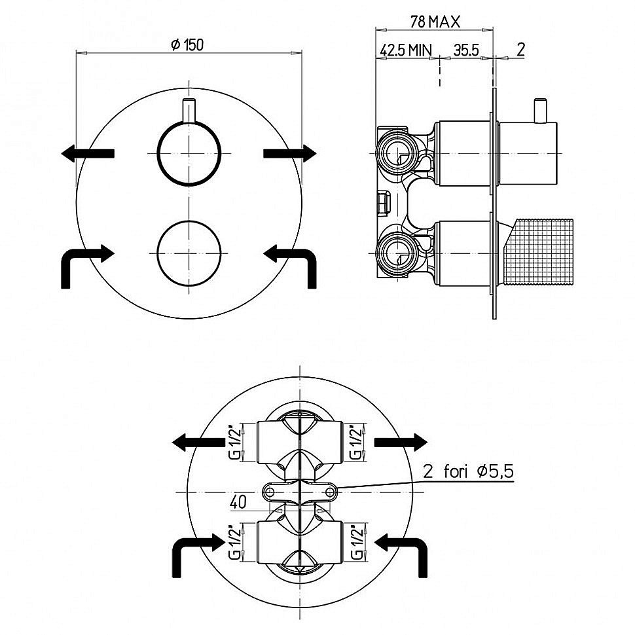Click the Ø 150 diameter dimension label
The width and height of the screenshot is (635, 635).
click(187, 45)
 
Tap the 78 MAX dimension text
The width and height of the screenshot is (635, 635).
click(435, 22)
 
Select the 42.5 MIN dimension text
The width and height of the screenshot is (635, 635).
click(406, 50)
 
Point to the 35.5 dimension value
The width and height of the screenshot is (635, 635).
click(465, 50)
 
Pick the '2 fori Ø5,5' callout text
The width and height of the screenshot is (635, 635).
click(469, 471)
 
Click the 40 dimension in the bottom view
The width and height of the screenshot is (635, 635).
click(238, 502)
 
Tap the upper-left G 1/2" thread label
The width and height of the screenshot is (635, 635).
click(235, 443)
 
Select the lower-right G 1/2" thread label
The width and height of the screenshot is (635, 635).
click(356, 541)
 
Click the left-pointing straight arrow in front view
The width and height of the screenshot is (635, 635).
click(88, 153)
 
